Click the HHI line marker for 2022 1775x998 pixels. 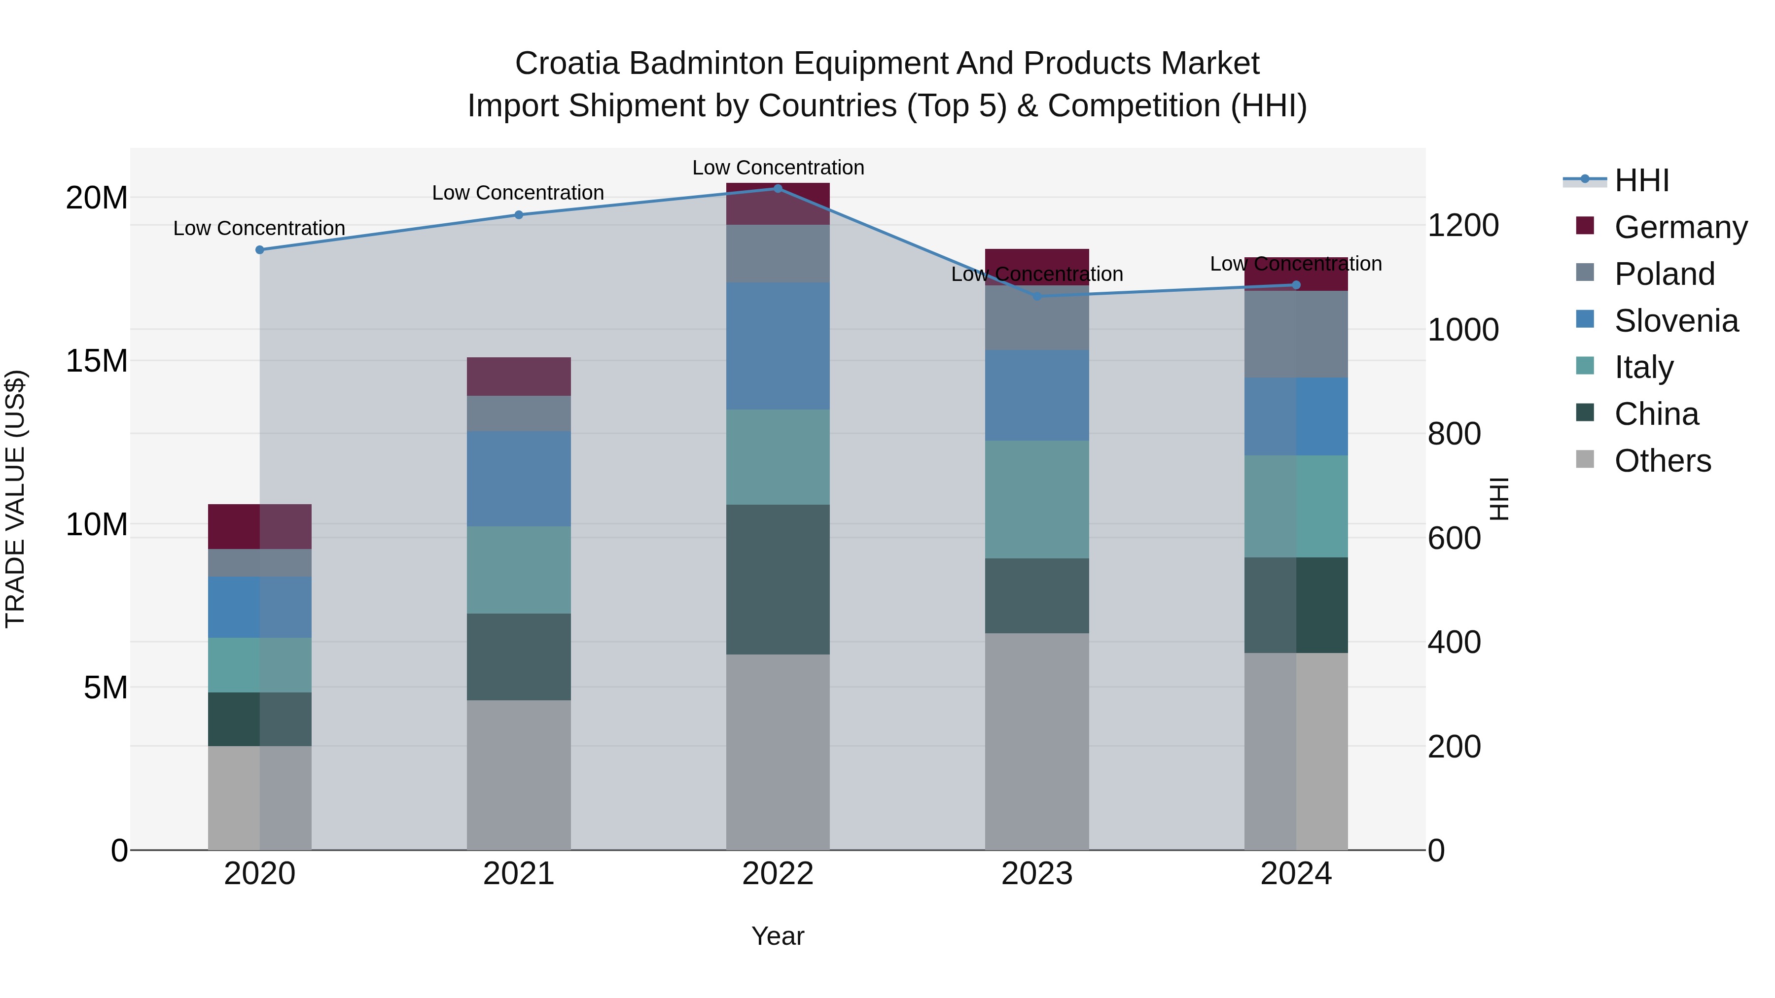click(x=778, y=188)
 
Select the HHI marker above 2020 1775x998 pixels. click(x=260, y=250)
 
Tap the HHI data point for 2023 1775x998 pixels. click(x=1037, y=296)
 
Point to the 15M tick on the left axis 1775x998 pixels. click(x=97, y=361)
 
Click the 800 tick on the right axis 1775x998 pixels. click(x=1454, y=434)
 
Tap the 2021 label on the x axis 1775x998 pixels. click(x=519, y=874)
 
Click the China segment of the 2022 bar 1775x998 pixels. click(x=778, y=579)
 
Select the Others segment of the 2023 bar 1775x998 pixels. click(x=1037, y=741)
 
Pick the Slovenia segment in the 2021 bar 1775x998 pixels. click(x=519, y=479)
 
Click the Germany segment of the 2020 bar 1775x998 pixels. click(x=260, y=526)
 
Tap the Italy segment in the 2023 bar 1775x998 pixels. click(x=1037, y=499)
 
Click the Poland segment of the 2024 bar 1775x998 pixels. click(x=1296, y=334)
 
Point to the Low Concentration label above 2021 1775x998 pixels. click(x=518, y=193)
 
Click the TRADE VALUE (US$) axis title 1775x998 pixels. click(x=15, y=499)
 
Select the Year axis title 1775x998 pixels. click(x=778, y=936)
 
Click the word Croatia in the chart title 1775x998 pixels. click(x=567, y=64)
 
